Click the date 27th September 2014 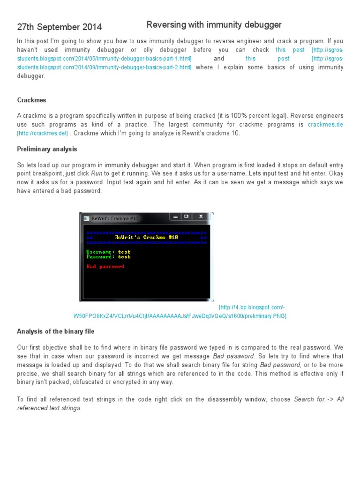[x=59, y=27]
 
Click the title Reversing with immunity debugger [x=214, y=24]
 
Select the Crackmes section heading [x=31, y=100]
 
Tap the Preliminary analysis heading [x=47, y=149]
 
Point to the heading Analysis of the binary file [x=56, y=331]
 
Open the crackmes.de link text [x=325, y=124]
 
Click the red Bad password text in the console [x=105, y=266]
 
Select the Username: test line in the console [x=108, y=252]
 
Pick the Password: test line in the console [x=108, y=257]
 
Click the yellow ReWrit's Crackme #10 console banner [x=146, y=237]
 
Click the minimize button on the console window [x=175, y=217]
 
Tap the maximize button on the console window [x=186, y=217]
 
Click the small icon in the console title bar [x=86, y=218]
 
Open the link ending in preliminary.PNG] [x=180, y=316]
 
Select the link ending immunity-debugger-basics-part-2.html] [x=104, y=67]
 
